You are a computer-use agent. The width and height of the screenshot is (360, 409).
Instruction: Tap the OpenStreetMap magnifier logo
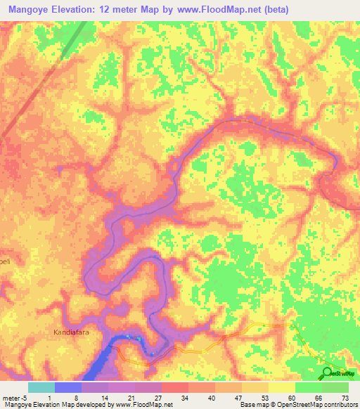point(328,372)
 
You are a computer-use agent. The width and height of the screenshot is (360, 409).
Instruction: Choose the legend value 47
point(238,398)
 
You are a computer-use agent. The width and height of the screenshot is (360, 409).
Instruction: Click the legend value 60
point(292,398)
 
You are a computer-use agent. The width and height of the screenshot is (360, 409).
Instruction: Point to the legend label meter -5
point(15,398)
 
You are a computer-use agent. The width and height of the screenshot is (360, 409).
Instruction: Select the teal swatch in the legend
point(41,387)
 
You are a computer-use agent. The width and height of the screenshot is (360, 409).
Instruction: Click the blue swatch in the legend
point(68,387)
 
